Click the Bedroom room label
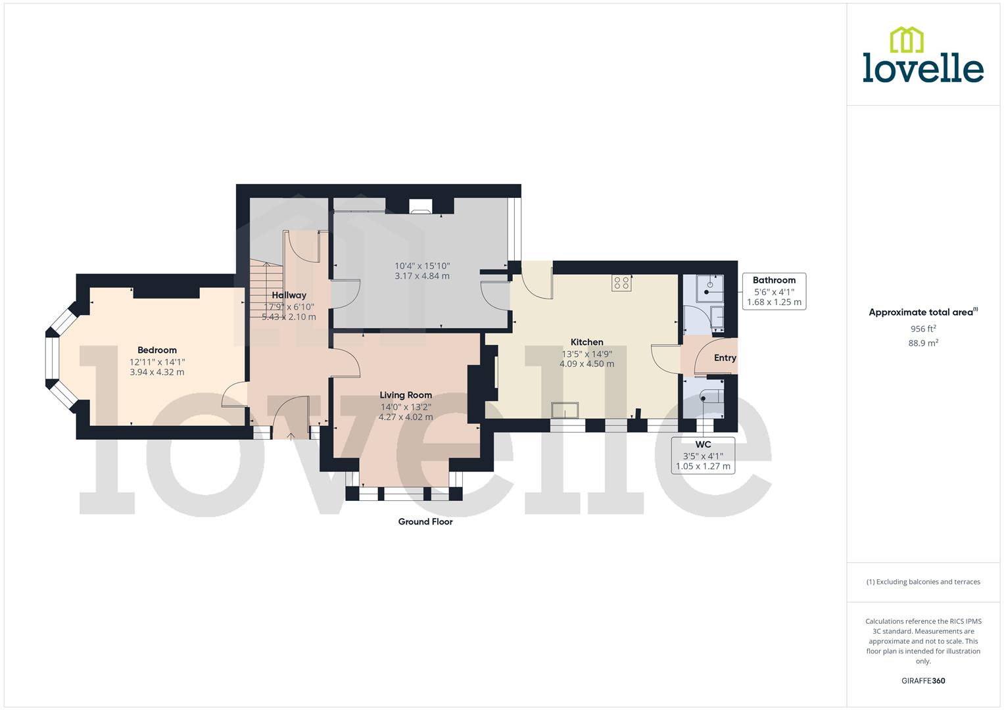click(x=156, y=350)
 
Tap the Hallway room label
click(x=289, y=295)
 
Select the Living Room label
click(x=406, y=395)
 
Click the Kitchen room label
click(x=586, y=342)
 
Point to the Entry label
click(x=725, y=358)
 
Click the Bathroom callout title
click(x=774, y=280)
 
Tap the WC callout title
click(x=703, y=444)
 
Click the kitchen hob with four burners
click(x=621, y=283)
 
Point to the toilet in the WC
click(x=710, y=396)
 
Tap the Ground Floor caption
click(x=425, y=522)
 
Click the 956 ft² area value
click(x=922, y=329)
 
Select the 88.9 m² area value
click(x=922, y=343)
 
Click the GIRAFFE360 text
click(x=922, y=680)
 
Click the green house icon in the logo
click(x=907, y=39)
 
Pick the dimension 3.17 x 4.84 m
click(x=422, y=276)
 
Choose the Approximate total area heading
click(x=922, y=312)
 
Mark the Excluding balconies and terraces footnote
click(x=922, y=582)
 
